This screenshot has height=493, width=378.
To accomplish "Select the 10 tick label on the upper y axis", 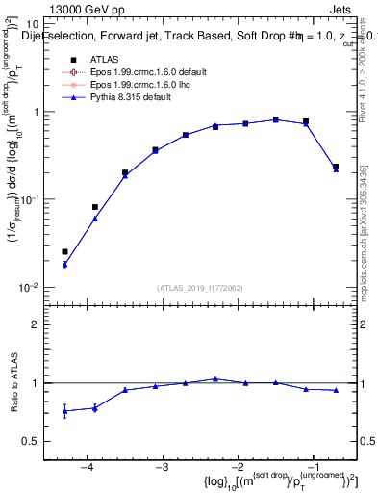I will [31, 22].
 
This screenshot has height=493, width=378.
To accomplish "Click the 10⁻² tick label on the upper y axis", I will [29, 288].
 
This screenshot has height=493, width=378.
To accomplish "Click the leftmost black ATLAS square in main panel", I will [64, 252].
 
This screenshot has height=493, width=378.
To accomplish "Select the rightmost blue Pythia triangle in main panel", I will [336, 169].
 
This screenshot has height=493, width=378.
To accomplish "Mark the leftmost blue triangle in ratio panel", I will [64, 411].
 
